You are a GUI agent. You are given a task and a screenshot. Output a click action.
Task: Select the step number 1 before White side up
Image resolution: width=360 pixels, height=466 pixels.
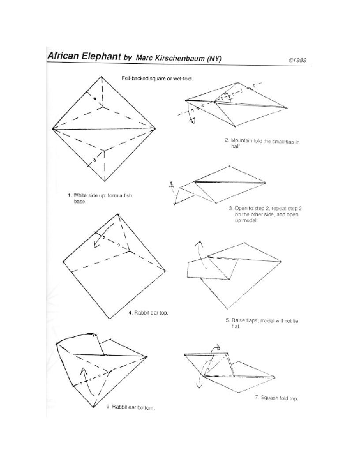[x=69, y=195]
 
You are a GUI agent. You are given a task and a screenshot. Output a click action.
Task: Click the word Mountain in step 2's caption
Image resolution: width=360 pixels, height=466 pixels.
[x=240, y=140]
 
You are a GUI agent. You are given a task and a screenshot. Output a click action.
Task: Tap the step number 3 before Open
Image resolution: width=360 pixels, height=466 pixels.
[x=230, y=208]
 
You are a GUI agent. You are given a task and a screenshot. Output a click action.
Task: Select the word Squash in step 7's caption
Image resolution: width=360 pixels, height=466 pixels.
[x=270, y=398]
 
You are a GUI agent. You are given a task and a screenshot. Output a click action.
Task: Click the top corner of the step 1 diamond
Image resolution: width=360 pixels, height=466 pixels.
[x=102, y=77]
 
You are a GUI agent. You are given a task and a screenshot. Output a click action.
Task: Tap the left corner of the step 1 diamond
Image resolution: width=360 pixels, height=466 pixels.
[x=52, y=129]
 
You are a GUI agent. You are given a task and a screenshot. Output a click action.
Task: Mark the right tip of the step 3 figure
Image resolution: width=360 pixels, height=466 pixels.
[x=266, y=182]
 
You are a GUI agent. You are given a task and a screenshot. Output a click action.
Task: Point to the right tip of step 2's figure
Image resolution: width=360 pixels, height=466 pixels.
[x=288, y=108]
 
